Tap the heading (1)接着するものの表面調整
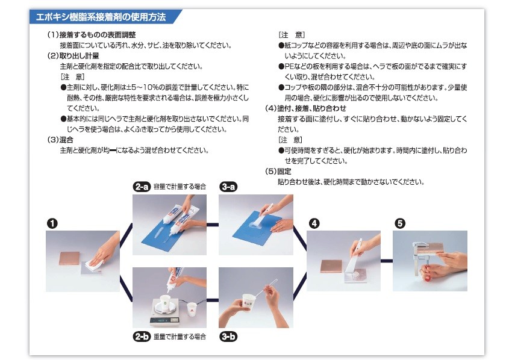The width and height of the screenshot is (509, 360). click(x=92, y=35)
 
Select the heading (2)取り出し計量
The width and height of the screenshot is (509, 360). click(x=73, y=56)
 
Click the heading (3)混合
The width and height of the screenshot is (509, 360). click(x=60, y=140)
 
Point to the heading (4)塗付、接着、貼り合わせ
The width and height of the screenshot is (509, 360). click(x=305, y=108)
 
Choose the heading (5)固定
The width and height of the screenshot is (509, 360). click(x=278, y=171)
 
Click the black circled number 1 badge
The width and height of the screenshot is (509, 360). click(x=52, y=223)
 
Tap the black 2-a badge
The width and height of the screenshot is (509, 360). click(x=142, y=187)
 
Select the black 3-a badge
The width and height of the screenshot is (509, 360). click(x=228, y=187)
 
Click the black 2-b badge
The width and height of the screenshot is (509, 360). click(x=142, y=337)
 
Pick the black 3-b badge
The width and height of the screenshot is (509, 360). click(x=228, y=337)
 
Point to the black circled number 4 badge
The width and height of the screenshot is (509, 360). click(x=314, y=223)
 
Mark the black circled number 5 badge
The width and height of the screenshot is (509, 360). click(x=400, y=223)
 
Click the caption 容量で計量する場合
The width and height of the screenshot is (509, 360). click(x=180, y=187)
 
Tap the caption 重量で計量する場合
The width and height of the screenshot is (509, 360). click(x=180, y=337)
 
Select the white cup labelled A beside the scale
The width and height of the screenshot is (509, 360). click(x=192, y=309)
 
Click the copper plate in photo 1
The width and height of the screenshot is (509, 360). click(x=69, y=258)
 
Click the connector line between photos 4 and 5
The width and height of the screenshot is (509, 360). click(x=387, y=261)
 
